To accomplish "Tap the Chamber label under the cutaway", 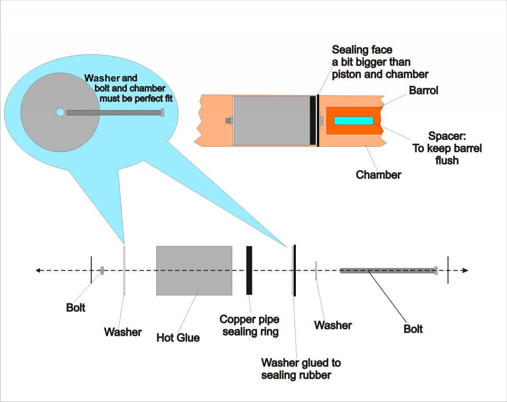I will pyautogui.click(x=378, y=175).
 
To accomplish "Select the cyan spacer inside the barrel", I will pyautogui.click(x=354, y=121).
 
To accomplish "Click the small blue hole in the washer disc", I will pyautogui.click(x=60, y=113).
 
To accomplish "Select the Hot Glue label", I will pyautogui.click(x=178, y=338).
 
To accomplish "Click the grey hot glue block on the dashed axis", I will pyautogui.click(x=194, y=270).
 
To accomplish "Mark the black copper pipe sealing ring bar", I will pyautogui.click(x=249, y=270).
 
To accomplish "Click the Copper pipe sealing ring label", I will pyautogui.click(x=250, y=325).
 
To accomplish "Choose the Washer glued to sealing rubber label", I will pyautogui.click(x=301, y=369).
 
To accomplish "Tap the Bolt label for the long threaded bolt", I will pyautogui.click(x=413, y=328).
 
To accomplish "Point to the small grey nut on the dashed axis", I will pyautogui.click(x=102, y=270).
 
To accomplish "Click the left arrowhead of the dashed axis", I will pyautogui.click(x=39, y=270).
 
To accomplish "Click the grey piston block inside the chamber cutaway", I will pyautogui.click(x=271, y=121).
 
